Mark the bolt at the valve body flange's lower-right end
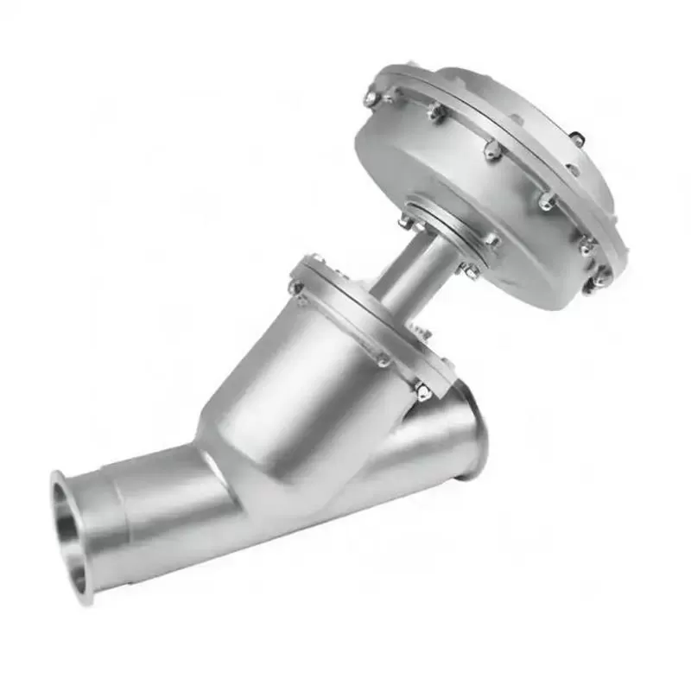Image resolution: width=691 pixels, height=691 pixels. click(x=422, y=391)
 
